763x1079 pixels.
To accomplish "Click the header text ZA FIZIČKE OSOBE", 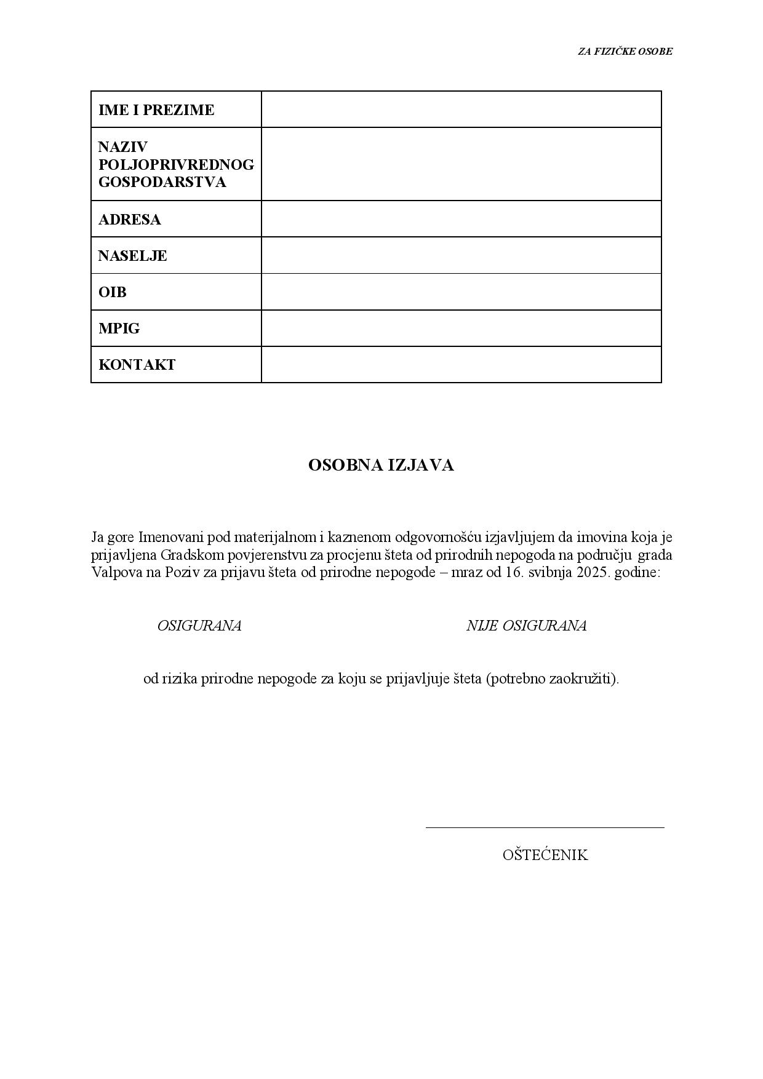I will (625, 52).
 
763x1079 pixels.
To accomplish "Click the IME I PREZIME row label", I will (156, 110).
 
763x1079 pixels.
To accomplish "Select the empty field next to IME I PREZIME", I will (461, 109).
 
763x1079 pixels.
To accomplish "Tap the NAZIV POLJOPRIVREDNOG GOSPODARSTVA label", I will (176, 164).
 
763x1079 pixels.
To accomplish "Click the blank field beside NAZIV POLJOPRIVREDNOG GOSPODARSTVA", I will (461, 164).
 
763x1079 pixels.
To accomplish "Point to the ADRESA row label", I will (129, 220).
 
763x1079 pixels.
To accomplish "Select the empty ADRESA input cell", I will (461, 219).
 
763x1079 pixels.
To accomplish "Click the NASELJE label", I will (132, 256).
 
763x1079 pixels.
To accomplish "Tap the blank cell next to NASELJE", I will (461, 255).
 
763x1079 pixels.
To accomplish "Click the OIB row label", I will (112, 292).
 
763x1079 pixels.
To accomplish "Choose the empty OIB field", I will (461, 292).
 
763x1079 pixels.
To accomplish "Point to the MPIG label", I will (119, 328).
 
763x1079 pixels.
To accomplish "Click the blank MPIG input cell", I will (461, 328).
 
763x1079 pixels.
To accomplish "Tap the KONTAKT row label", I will (137, 365).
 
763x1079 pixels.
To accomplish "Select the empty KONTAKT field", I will (461, 364).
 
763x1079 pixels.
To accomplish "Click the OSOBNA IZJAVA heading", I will (381, 466).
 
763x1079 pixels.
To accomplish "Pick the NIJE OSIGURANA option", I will (526, 626).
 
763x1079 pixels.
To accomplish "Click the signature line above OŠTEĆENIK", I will (545, 827).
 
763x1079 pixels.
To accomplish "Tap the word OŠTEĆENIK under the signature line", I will (545, 855).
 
